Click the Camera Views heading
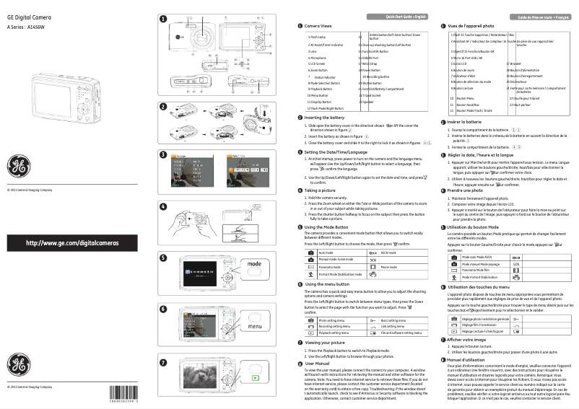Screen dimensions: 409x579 tap(320, 26)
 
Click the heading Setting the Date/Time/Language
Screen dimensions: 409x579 tap(336, 152)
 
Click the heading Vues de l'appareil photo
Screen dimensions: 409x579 tap(473, 26)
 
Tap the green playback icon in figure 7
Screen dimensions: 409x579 tap(254, 376)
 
